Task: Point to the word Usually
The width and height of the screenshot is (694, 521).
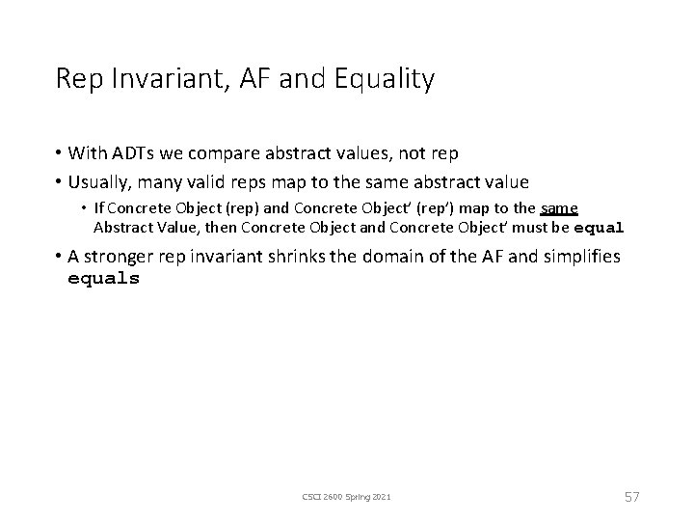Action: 100,181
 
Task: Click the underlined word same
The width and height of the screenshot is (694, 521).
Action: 559,208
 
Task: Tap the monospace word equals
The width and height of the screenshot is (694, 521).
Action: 103,279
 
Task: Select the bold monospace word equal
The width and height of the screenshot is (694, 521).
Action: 600,229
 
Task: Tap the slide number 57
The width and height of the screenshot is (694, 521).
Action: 630,496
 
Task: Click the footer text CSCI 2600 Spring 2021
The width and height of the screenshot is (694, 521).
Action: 346,496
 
